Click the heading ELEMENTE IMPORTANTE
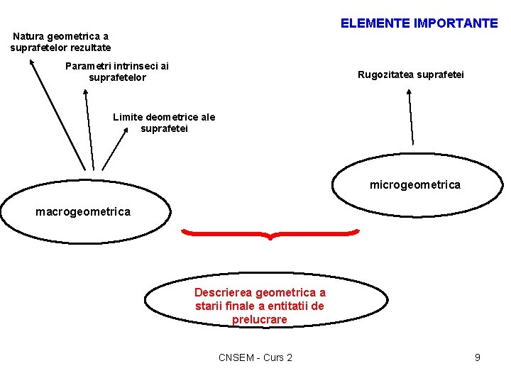[419, 23]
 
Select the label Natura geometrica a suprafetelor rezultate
[61, 42]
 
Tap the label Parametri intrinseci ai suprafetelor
[117, 72]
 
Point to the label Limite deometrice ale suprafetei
[164, 123]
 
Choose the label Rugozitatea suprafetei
[411, 74]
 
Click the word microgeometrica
[414, 185]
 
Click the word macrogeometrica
[83, 211]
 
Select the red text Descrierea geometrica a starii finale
[260, 306]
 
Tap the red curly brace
[270, 233]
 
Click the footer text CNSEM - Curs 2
[255, 357]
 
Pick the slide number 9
[478, 357]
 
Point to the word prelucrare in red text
[260, 320]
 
